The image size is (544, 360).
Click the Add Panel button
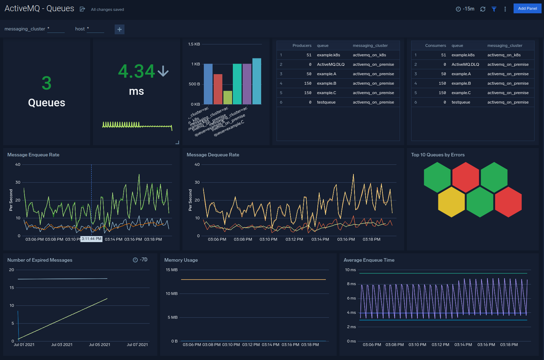tap(527, 8)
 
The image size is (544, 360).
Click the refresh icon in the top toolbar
tap(483, 9)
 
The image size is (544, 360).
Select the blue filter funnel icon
tap(494, 9)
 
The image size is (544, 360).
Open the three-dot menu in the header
tap(505, 9)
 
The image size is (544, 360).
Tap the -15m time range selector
tap(465, 9)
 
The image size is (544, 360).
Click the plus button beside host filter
tap(120, 29)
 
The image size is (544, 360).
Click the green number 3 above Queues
tap(46, 83)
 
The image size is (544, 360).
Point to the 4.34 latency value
tap(137, 71)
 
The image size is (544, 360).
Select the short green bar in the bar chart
tap(228, 98)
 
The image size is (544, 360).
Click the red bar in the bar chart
tap(218, 89)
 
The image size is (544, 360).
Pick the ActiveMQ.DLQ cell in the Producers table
tap(330, 64)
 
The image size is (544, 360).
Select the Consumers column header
tap(435, 45)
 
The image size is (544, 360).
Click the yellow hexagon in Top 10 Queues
tap(451, 202)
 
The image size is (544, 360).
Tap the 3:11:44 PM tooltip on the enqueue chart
tap(92, 239)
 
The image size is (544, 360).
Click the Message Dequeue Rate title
tap(213, 155)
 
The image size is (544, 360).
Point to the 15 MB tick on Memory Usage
tap(172, 270)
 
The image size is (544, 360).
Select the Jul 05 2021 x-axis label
tap(100, 345)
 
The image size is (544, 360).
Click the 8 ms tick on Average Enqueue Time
tap(351, 284)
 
